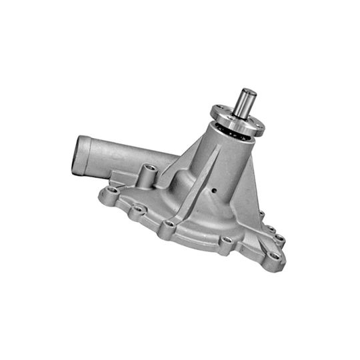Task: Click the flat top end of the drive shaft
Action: point(249,92)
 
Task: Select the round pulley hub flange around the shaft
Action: point(233,121)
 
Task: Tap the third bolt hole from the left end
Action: point(169,224)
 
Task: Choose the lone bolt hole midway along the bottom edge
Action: point(226,240)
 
